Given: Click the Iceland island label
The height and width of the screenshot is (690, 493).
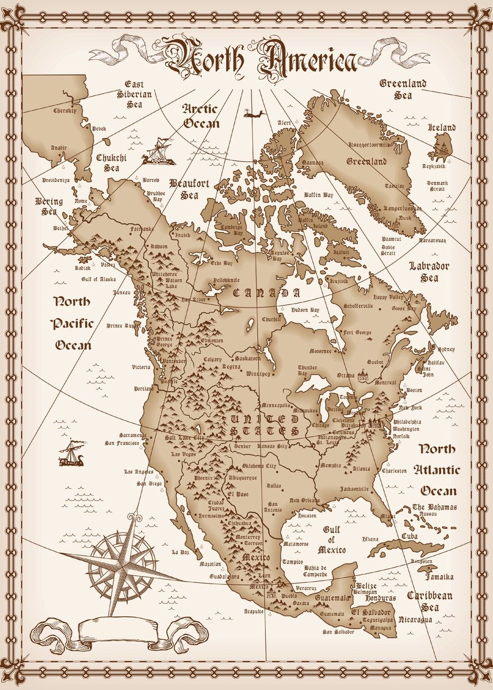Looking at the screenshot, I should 442,128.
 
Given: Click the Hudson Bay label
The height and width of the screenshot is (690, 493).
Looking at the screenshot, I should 305,310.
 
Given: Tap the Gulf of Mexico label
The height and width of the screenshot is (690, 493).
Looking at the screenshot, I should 331,540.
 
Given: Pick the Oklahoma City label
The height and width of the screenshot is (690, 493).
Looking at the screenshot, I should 259,466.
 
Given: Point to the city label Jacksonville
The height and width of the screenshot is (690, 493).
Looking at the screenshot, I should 354,489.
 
